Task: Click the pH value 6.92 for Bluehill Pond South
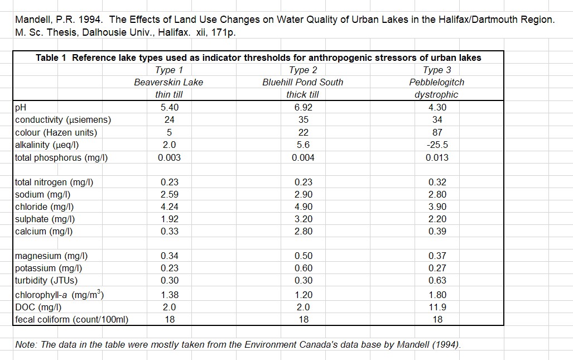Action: (303, 107)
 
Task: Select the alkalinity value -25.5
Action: (437, 145)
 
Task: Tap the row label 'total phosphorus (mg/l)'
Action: (61, 157)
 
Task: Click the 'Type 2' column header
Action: (303, 70)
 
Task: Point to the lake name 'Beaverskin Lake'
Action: (168, 82)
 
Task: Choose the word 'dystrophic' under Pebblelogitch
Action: (436, 94)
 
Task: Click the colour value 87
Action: (437, 132)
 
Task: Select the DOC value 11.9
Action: (437, 307)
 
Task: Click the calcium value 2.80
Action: (303, 231)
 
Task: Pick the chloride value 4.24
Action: (169, 207)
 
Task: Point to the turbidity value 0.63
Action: (437, 280)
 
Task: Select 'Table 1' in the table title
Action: (52, 57)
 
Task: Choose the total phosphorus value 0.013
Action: (437, 157)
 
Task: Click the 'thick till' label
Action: (303, 94)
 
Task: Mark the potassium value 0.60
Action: (303, 268)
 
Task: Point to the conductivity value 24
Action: (169, 119)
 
